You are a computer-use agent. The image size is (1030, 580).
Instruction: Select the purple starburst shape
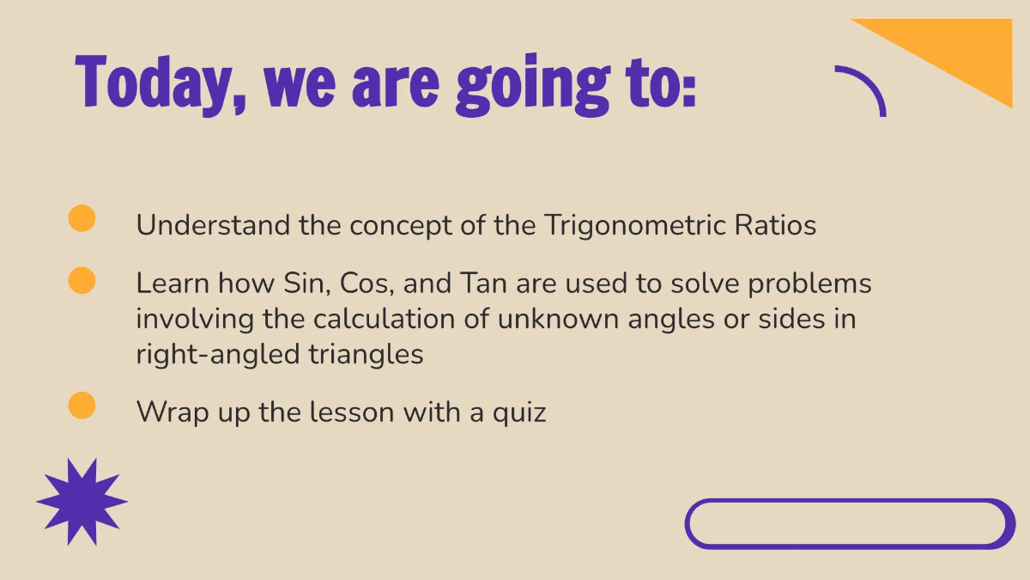click(82, 502)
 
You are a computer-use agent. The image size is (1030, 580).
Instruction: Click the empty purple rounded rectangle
click(850, 523)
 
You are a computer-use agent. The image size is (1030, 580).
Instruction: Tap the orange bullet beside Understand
click(82, 218)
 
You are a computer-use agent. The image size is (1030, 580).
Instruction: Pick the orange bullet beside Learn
click(82, 281)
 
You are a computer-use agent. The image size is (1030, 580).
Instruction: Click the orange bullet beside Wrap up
click(82, 406)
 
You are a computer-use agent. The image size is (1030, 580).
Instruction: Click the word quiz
click(519, 413)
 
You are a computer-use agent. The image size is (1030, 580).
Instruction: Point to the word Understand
click(213, 225)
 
